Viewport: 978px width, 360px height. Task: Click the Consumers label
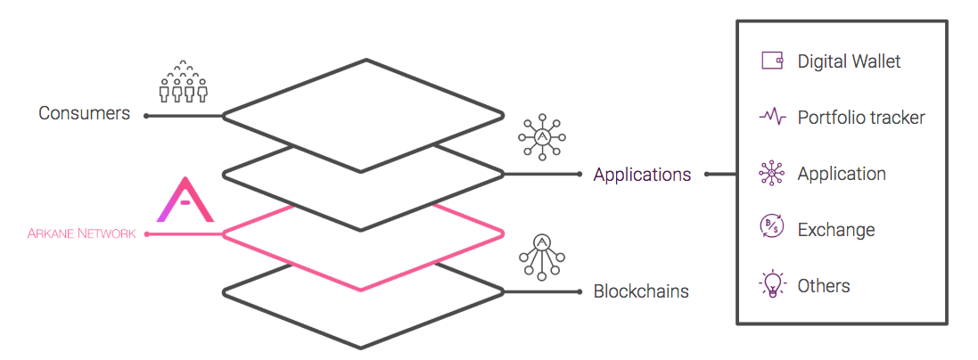[84, 114]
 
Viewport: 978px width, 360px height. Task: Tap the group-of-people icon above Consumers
[183, 82]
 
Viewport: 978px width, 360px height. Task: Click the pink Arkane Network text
[82, 234]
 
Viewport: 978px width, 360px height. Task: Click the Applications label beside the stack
[642, 175]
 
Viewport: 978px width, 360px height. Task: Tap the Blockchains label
[641, 291]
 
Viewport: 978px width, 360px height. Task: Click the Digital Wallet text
[849, 61]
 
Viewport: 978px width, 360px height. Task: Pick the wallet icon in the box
[772, 61]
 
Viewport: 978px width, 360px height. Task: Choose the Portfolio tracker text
[861, 118]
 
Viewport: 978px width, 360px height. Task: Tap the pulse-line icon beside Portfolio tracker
[772, 117]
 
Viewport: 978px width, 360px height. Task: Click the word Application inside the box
[842, 174]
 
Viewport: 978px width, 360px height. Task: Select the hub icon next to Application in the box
[772, 174]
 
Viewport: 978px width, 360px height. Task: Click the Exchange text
[836, 230]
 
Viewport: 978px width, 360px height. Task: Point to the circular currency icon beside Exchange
[772, 229]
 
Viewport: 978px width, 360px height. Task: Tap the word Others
[824, 286]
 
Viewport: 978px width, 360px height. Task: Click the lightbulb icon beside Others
[772, 285]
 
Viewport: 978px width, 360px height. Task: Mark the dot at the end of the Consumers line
[146, 116]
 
